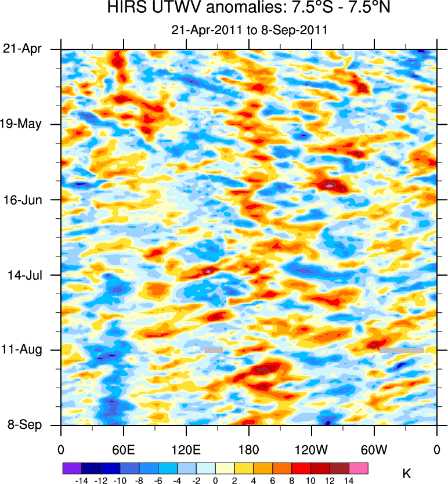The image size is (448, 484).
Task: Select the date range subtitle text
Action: (x=250, y=30)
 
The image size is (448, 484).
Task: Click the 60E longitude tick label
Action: (x=123, y=449)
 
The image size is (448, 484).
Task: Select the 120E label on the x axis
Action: (x=186, y=449)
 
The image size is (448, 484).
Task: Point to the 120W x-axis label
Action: (x=312, y=449)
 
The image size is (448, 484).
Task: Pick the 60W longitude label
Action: (x=374, y=449)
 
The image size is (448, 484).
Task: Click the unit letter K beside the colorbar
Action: (x=407, y=474)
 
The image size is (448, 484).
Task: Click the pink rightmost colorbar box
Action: (x=359, y=467)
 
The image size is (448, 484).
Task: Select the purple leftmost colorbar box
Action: (x=71, y=467)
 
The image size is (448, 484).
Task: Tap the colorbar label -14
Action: (x=80, y=481)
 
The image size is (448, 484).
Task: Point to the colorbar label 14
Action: (x=349, y=481)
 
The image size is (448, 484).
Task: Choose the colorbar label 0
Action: (x=215, y=481)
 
